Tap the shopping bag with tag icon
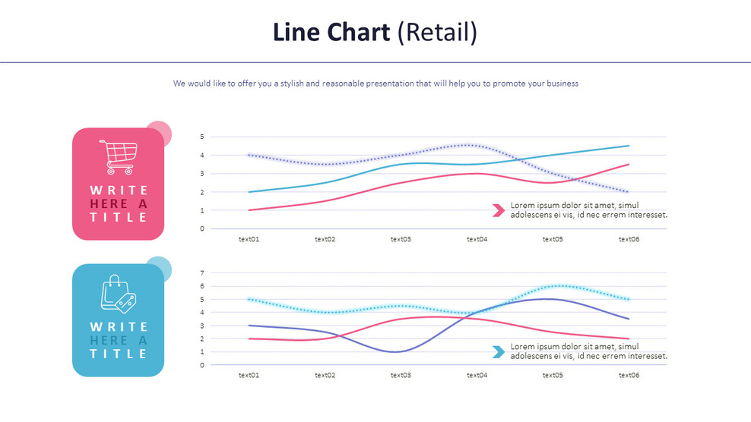pyautogui.click(x=118, y=294)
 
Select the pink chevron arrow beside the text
pyautogui.click(x=499, y=210)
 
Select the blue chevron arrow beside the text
pyautogui.click(x=499, y=351)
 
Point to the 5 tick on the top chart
pyautogui.click(x=202, y=137)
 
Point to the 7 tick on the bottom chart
pyautogui.click(x=202, y=272)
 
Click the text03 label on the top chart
pyautogui.click(x=401, y=239)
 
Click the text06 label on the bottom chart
pyautogui.click(x=629, y=375)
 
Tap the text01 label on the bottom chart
pyautogui.click(x=249, y=375)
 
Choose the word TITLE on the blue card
pyautogui.click(x=118, y=354)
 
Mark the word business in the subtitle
pyautogui.click(x=561, y=83)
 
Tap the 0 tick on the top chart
pyautogui.click(x=202, y=228)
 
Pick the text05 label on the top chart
pyautogui.click(x=553, y=239)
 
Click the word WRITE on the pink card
pyautogui.click(x=118, y=190)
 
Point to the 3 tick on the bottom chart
pyautogui.click(x=202, y=326)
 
